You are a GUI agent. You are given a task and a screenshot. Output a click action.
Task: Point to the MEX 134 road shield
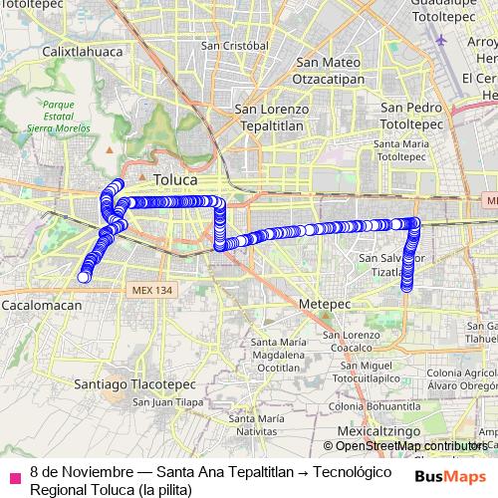[151, 290]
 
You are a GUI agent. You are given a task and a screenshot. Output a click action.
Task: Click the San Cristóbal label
[234, 46]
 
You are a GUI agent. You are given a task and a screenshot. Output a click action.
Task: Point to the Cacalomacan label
[42, 306]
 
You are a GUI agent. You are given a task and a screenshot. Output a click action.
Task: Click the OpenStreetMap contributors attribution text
[410, 446]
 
